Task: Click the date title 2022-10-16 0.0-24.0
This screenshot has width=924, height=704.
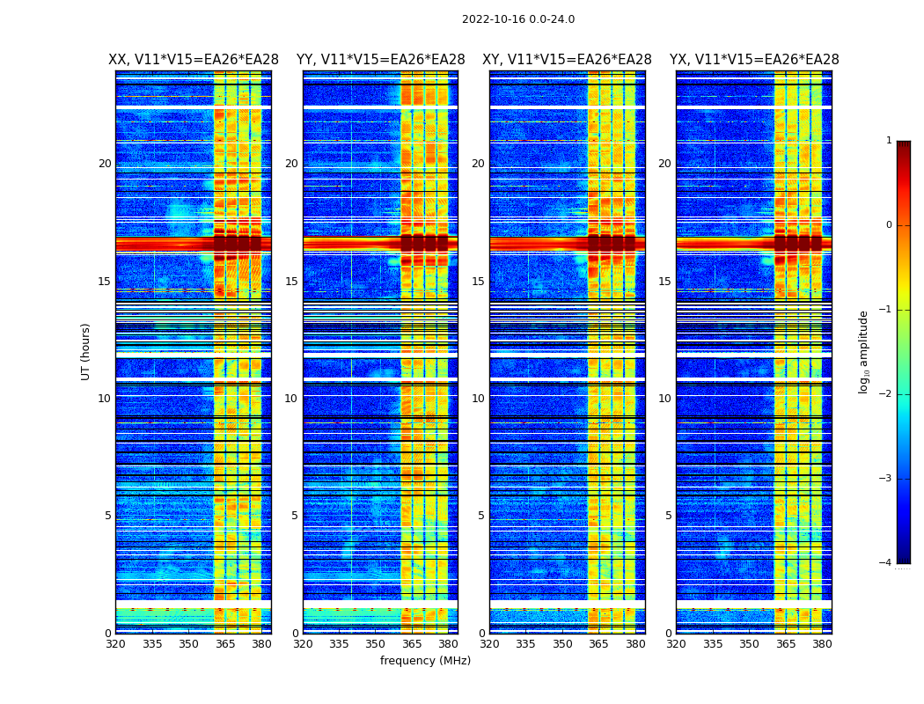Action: (x=517, y=19)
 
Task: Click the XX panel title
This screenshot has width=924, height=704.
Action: (x=194, y=60)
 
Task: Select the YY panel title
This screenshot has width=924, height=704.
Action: (x=380, y=60)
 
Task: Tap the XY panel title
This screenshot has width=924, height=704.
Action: (x=567, y=60)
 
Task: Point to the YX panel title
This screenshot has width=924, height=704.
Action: (x=754, y=60)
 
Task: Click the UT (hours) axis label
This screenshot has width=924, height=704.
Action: (x=86, y=351)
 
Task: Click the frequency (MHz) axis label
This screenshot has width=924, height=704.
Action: (x=425, y=661)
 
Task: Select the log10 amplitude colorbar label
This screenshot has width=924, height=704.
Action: (x=864, y=351)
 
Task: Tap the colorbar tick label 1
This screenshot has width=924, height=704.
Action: (x=888, y=141)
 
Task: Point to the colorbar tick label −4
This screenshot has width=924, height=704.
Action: (x=886, y=563)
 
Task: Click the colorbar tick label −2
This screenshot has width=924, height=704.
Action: (x=886, y=394)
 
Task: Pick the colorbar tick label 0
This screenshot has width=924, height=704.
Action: (x=888, y=225)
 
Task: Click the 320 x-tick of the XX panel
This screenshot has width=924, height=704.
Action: (x=115, y=644)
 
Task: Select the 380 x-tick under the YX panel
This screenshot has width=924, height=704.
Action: (x=822, y=644)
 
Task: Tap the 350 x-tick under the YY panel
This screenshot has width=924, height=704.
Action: (x=376, y=644)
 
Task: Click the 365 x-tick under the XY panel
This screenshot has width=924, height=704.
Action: (x=598, y=644)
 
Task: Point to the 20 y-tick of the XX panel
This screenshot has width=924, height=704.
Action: (x=105, y=164)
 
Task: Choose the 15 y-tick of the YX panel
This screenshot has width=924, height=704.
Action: (x=665, y=282)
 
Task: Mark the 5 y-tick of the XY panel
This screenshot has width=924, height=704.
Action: (x=480, y=516)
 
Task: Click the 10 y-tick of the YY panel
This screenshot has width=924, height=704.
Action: (x=290, y=399)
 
